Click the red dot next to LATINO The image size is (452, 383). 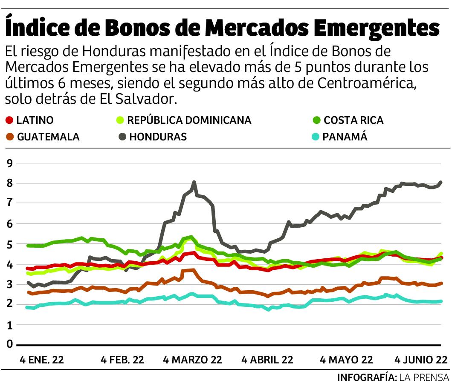click(x=10, y=120)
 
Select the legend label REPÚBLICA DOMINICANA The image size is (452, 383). click(x=189, y=120)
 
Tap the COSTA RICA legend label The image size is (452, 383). click(x=353, y=120)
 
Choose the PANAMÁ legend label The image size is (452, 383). click(x=345, y=137)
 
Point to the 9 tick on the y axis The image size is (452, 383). click(x=9, y=164)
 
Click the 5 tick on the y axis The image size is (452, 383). click(x=9, y=244)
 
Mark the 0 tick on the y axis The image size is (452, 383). click(x=9, y=344)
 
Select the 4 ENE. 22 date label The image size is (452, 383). click(x=42, y=360)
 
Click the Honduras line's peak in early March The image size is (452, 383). click(x=194, y=182)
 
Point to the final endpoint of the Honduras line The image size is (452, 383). click(x=440, y=182)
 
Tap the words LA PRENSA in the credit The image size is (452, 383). click(x=425, y=377)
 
